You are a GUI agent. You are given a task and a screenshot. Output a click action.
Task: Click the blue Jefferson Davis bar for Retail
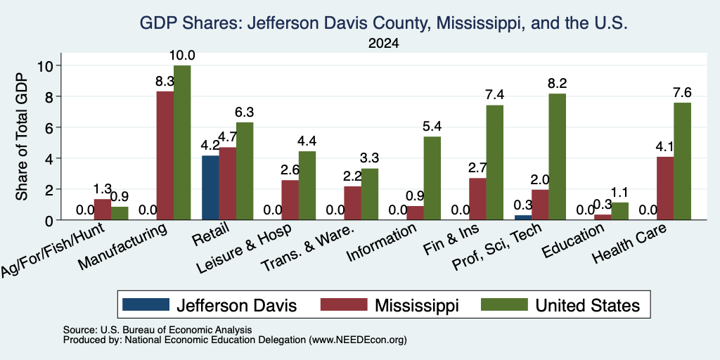[210, 188]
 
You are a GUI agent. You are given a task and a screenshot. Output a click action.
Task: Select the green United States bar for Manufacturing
[182, 143]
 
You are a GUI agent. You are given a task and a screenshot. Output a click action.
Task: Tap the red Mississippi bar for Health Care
[665, 188]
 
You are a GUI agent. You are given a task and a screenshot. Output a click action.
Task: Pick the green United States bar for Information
[432, 178]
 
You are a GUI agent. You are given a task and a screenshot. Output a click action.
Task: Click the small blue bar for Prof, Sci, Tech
[523, 218]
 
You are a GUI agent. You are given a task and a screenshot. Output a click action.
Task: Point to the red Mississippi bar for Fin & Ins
[478, 199]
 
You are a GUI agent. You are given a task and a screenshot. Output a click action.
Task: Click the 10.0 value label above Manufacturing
[182, 56]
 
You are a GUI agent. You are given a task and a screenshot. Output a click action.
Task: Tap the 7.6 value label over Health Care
[682, 92]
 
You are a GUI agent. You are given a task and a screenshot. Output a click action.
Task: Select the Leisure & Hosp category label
[244, 248]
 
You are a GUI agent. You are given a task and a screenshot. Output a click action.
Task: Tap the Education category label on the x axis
[572, 241]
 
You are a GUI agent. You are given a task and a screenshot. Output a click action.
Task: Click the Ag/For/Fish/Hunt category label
[53, 250]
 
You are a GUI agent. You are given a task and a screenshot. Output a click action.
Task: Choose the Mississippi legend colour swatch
[344, 304]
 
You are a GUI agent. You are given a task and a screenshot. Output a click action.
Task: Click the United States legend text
[588, 305]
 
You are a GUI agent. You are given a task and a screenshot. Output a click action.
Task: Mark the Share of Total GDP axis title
[22, 136]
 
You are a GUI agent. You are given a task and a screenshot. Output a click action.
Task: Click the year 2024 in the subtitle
[383, 44]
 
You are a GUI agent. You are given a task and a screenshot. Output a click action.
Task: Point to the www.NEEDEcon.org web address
[358, 340]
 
